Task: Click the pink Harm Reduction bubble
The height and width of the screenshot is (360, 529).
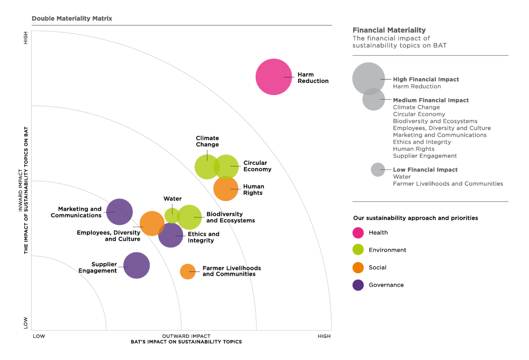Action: coord(273,77)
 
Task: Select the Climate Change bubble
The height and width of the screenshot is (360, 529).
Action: coord(205,167)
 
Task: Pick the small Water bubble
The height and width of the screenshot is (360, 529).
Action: coord(171,216)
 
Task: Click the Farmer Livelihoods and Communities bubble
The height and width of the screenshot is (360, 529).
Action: coord(188,271)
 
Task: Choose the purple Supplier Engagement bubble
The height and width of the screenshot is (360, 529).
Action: coord(137,265)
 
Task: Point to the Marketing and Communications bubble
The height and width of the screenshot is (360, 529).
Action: coord(119,212)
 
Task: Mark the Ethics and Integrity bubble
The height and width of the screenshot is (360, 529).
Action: coord(171,236)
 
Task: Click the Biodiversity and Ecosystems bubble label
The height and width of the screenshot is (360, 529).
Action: coord(230,217)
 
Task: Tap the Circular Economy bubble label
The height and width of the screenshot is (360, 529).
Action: coord(257,166)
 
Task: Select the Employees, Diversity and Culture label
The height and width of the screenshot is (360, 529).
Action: coord(109,236)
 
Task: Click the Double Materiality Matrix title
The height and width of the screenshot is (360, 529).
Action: coord(72,18)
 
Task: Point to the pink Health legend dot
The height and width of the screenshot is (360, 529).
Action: coord(358,233)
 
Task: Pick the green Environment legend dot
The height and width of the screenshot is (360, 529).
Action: coord(358,250)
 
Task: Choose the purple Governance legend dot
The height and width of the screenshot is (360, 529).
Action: coord(358,285)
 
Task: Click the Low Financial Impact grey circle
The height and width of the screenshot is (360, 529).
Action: coord(378,170)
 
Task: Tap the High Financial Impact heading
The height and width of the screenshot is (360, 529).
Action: coord(426,79)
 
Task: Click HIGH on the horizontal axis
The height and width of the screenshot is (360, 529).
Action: coord(324,336)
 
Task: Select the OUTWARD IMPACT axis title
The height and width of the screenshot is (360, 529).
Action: coord(186,336)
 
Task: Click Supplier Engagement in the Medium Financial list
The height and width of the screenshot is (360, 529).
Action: coord(425,156)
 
